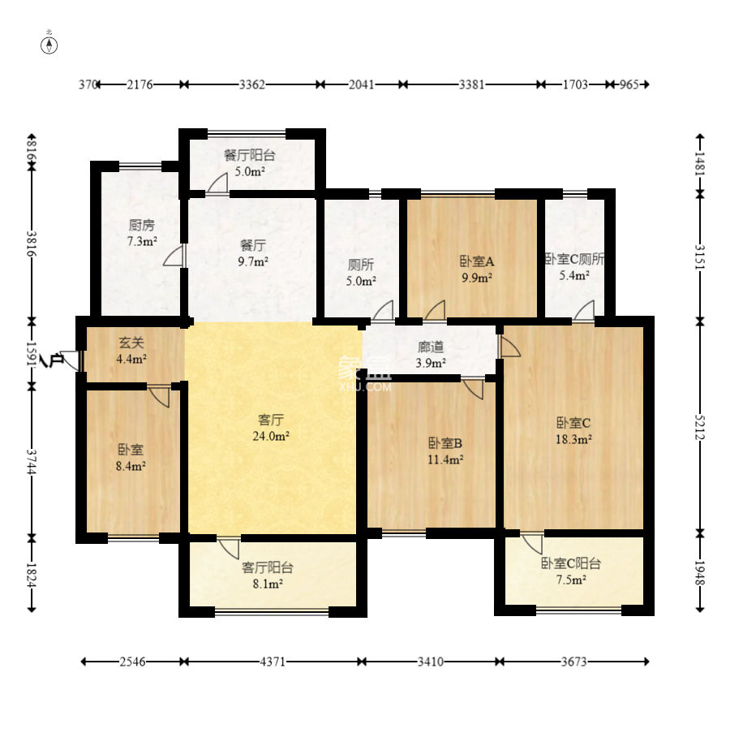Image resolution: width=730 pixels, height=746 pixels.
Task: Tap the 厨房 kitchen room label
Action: [x=142, y=225]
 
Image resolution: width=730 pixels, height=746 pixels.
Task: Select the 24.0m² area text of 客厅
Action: [x=272, y=436]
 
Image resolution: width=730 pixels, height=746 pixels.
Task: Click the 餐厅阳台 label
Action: [x=250, y=155]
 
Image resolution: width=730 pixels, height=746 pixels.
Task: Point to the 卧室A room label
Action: [x=477, y=261]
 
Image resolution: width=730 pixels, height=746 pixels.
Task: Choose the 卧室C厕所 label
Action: [x=574, y=259]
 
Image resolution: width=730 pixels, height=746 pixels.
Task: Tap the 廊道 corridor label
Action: [x=431, y=347]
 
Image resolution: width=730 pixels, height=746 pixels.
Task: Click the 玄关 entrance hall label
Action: [x=131, y=343]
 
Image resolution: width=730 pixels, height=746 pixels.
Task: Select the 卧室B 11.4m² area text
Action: [x=445, y=459]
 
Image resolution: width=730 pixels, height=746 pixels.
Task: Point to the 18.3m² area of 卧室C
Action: [x=573, y=439]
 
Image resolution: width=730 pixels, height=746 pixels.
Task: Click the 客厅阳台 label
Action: [x=268, y=567]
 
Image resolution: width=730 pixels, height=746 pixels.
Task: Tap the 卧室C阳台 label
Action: [x=571, y=563]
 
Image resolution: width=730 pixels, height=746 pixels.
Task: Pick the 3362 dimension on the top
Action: [x=252, y=84]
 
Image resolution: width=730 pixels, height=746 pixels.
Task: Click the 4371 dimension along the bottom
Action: [x=273, y=662]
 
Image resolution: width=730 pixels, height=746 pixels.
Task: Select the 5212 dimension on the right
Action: [x=699, y=427]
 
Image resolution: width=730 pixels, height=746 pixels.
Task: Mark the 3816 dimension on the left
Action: [x=32, y=244]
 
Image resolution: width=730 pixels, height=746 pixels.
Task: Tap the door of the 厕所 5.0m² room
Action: [x=384, y=311]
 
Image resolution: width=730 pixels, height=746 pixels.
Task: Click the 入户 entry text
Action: [x=52, y=360]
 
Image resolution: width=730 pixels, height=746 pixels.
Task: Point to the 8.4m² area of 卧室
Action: [x=131, y=466]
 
